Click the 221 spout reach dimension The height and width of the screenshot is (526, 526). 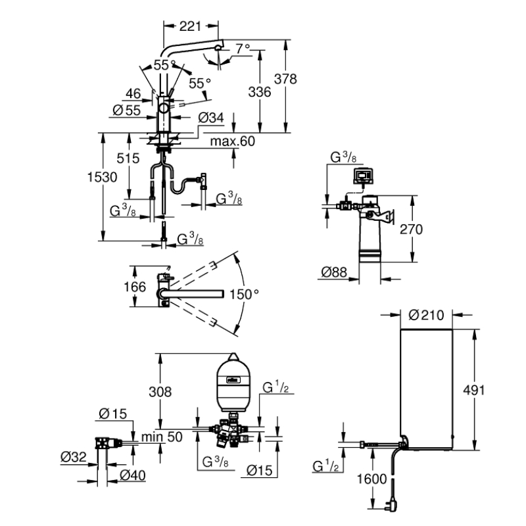(x=190, y=26)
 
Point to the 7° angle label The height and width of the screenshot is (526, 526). (x=243, y=49)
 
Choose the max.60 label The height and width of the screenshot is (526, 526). (x=232, y=141)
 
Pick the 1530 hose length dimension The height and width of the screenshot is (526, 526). (x=102, y=178)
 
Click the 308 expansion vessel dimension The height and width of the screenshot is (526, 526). (x=158, y=392)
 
